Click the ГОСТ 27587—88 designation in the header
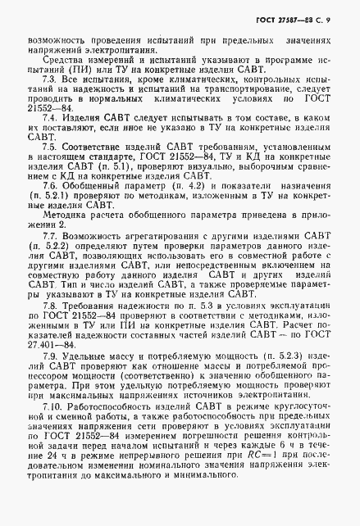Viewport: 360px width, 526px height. tap(292, 19)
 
